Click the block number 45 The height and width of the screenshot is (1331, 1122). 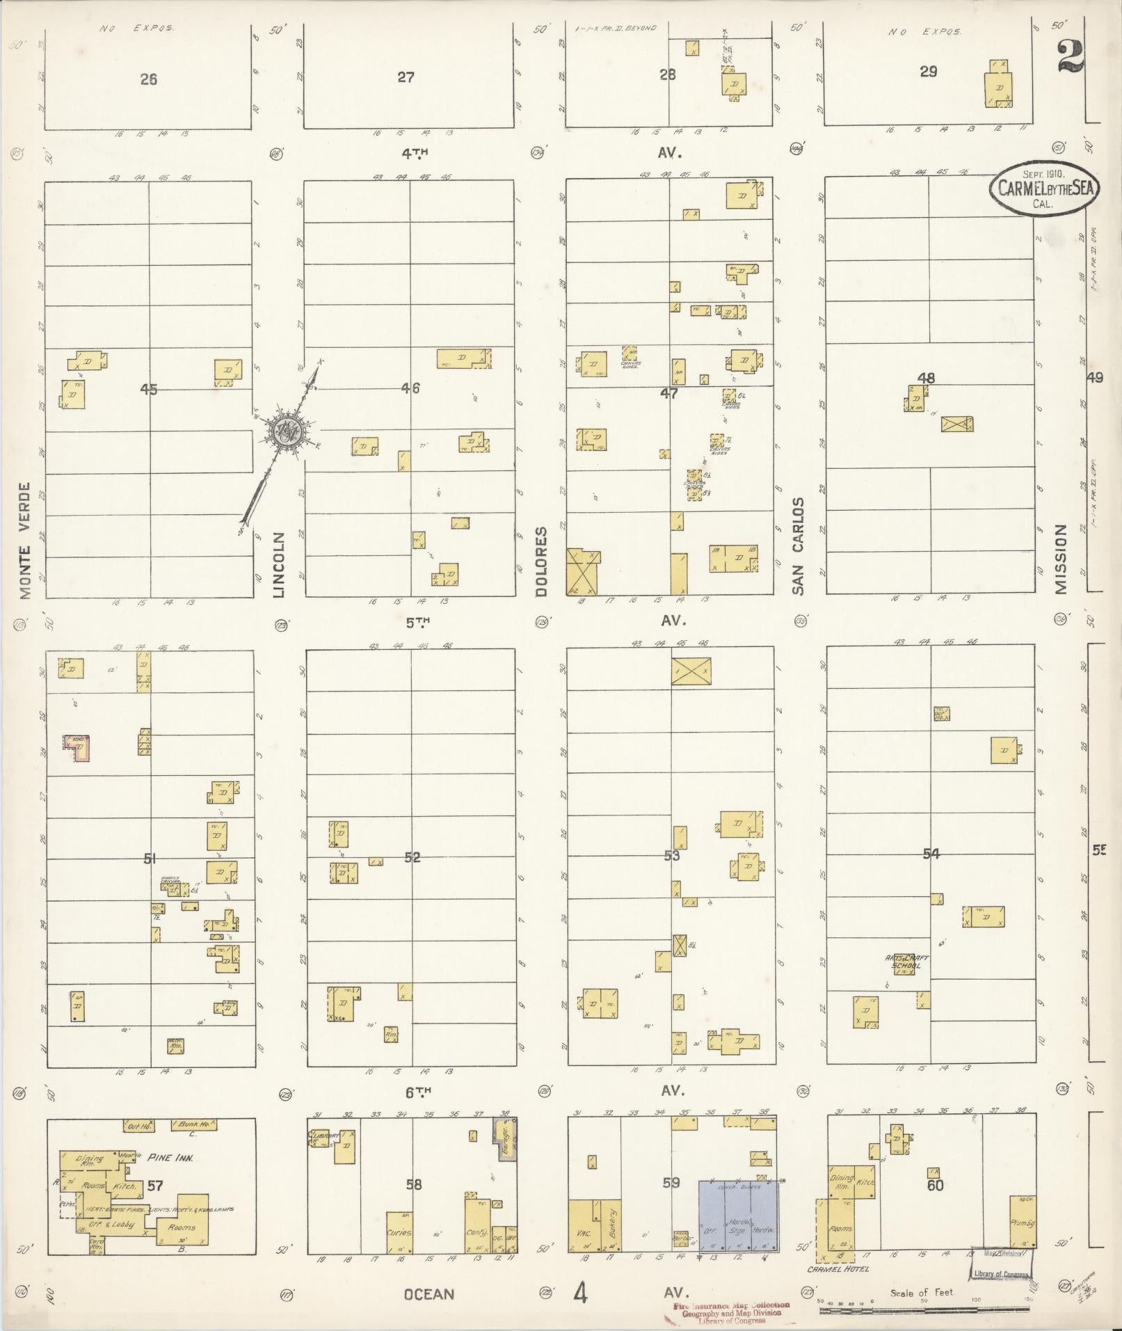pyautogui.click(x=148, y=390)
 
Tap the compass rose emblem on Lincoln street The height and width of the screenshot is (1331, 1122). pyautogui.click(x=287, y=432)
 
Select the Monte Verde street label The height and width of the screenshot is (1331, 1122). pyautogui.click(x=26, y=541)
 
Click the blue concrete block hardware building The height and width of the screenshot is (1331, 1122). pyautogui.click(x=739, y=1216)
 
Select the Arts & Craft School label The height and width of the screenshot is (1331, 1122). pyautogui.click(x=906, y=962)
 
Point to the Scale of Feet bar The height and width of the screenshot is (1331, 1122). pyautogui.click(x=925, y=1311)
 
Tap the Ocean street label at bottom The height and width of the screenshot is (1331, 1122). pyautogui.click(x=429, y=1294)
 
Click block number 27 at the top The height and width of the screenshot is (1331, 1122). pyautogui.click(x=406, y=77)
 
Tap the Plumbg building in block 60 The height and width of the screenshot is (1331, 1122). pyautogui.click(x=1023, y=1222)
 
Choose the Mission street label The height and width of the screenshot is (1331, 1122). pyautogui.click(x=1060, y=559)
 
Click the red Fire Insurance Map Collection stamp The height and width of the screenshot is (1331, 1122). pyautogui.click(x=732, y=1311)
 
